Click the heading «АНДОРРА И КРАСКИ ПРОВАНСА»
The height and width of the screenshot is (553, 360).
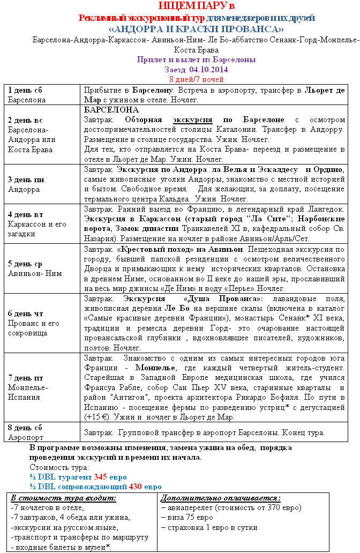(196, 29)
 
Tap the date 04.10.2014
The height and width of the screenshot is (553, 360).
(208, 70)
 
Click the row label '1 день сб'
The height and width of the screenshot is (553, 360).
(25, 89)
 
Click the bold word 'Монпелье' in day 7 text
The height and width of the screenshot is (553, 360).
(154, 368)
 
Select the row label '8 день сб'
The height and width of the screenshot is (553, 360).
(25, 428)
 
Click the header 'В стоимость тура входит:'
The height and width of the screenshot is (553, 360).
(63, 498)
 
